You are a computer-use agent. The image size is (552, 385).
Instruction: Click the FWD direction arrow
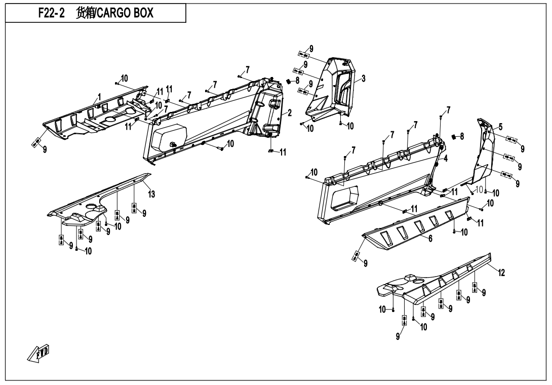(38, 353)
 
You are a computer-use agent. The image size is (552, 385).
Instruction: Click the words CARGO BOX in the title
(125, 13)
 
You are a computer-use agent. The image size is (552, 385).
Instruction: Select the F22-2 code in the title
(51, 13)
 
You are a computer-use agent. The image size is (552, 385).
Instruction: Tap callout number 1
(99, 97)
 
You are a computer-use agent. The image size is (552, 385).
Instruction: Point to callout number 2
(289, 113)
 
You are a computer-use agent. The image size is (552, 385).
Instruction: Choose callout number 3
(363, 78)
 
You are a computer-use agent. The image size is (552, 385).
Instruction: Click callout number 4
(446, 159)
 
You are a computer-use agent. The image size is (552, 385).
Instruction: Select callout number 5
(501, 127)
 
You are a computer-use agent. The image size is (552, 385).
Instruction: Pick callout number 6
(430, 239)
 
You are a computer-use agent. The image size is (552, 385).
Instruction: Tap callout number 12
(501, 272)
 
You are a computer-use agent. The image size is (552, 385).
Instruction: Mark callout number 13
(151, 194)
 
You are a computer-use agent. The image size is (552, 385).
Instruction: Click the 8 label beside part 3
(297, 81)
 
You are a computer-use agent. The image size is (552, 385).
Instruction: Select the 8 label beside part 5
(462, 136)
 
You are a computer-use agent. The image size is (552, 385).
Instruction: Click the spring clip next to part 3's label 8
(289, 82)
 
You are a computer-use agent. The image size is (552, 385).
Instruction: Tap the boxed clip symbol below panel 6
(357, 256)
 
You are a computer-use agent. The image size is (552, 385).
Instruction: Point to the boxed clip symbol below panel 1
(36, 143)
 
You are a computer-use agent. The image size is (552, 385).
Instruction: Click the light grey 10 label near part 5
(479, 189)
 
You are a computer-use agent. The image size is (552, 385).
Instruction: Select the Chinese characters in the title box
(86, 13)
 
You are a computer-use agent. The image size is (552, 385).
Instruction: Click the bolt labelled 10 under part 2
(221, 149)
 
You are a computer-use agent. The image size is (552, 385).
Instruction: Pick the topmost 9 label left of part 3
(311, 49)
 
